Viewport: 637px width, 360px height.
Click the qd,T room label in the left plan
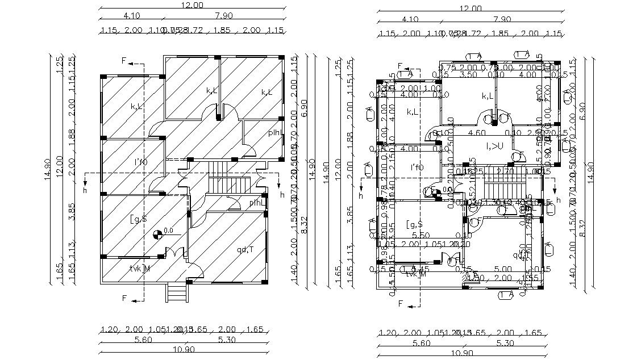[246, 249]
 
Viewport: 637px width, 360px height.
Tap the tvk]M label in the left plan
[139, 267]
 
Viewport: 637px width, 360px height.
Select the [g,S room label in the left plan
[139, 219]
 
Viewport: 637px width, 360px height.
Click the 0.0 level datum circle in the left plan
[157, 233]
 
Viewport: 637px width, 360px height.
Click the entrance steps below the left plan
[177, 293]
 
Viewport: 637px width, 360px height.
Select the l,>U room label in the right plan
[494, 146]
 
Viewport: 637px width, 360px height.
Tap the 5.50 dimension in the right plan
[420, 235]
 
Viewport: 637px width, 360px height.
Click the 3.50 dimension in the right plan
[468, 74]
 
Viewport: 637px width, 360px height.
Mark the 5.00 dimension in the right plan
[503, 269]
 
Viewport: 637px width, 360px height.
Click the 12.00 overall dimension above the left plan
[192, 5]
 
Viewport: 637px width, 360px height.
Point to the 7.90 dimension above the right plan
[501, 19]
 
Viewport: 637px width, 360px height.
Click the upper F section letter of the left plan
[124, 61]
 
